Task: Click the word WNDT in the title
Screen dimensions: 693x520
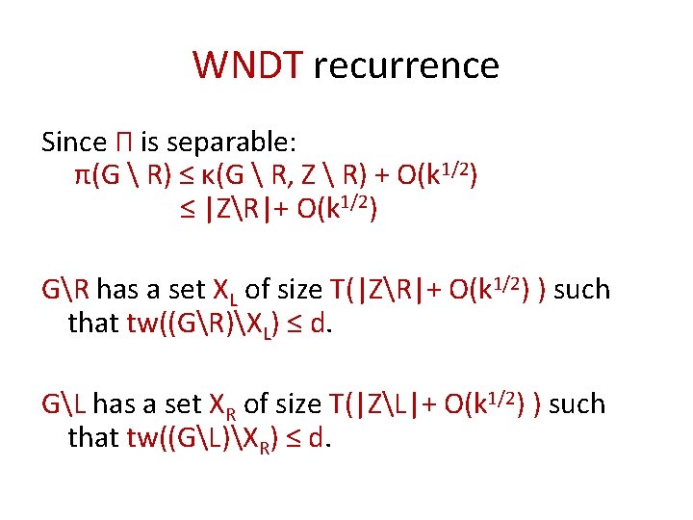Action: [x=247, y=66]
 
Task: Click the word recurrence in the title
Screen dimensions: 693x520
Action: [x=405, y=66]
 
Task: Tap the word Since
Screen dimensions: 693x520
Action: [x=73, y=143]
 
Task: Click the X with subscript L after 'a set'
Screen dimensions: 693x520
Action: [x=223, y=291]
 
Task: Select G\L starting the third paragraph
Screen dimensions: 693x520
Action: [x=64, y=404]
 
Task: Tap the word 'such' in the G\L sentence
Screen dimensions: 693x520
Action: [x=576, y=404]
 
